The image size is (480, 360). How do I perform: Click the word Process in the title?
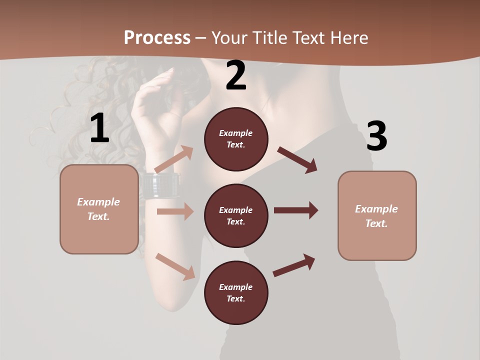coord(157,38)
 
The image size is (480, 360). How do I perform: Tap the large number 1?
coord(99,128)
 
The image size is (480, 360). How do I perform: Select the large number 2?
coord(236,76)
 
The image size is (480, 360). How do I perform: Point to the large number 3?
coord(376,136)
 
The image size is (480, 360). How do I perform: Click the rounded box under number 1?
coord(99,209)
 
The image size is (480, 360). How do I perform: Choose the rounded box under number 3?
coord(377,216)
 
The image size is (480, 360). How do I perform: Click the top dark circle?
coord(236,139)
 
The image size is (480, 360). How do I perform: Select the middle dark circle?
coord(236,216)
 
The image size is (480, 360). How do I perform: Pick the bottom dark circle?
coord(236,293)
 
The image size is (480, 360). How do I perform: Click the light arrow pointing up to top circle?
coord(174,159)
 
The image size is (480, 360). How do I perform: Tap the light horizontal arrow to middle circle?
coord(175,211)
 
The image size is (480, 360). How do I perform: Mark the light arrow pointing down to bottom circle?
coord(175,266)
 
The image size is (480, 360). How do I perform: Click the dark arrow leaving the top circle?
coord(297,160)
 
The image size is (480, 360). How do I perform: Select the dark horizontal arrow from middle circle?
coord(296,210)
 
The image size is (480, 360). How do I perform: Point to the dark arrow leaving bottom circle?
coord(294,265)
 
